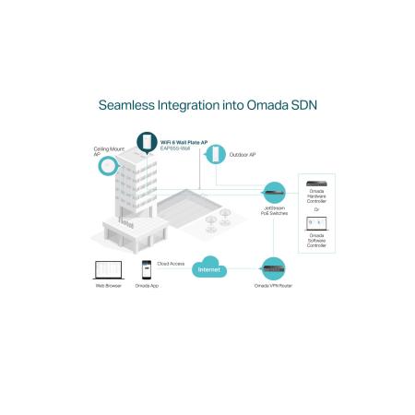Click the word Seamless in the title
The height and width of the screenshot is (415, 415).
click(126, 105)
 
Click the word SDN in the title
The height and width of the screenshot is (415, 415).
click(303, 105)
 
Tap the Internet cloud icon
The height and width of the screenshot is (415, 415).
click(209, 267)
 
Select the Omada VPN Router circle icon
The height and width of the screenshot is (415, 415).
click(273, 268)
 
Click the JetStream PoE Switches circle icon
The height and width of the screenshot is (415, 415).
click(274, 193)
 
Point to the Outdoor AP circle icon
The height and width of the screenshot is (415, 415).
click(216, 154)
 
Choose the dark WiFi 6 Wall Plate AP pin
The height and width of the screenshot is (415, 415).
click(147, 142)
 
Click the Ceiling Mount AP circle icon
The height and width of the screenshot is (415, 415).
click(108, 166)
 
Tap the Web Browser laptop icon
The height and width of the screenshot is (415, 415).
click(109, 270)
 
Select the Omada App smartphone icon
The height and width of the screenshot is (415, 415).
click(147, 269)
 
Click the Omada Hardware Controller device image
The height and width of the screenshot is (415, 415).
click(316, 184)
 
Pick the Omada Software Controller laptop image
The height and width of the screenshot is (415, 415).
click(316, 224)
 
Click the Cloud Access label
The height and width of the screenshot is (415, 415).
click(171, 264)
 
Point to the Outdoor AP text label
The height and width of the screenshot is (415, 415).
click(243, 155)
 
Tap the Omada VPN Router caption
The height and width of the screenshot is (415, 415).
click(273, 286)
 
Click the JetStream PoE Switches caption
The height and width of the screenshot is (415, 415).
click(274, 210)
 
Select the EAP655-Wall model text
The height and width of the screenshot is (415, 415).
click(175, 148)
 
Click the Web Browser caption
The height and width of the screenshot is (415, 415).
click(109, 286)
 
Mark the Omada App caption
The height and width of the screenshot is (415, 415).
click(147, 286)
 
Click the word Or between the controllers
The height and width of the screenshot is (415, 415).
click(316, 209)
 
